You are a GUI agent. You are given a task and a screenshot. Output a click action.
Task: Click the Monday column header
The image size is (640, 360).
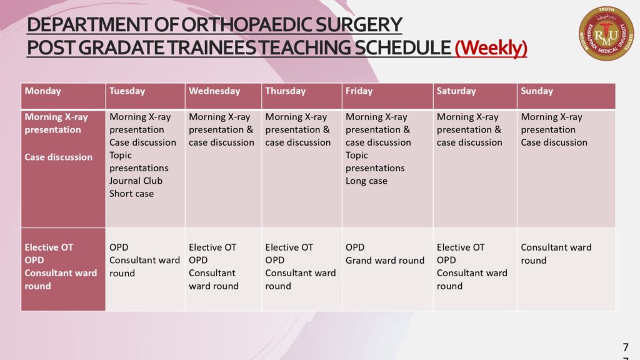pyautogui.click(x=43, y=91)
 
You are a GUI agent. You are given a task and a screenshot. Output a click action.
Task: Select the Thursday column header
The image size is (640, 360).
pyautogui.click(x=285, y=91)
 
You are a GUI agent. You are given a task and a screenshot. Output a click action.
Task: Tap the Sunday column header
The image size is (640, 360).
pyautogui.click(x=537, y=91)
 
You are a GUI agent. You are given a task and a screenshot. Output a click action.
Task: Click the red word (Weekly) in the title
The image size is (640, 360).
pyautogui.click(x=491, y=47)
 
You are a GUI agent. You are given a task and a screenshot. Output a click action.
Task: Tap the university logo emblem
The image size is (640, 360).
pyautogui.click(x=606, y=34)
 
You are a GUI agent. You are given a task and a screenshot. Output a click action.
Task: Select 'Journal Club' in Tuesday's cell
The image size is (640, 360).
pyautogui.click(x=136, y=181)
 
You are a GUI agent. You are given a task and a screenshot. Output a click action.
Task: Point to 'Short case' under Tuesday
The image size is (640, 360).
pyautogui.click(x=131, y=194)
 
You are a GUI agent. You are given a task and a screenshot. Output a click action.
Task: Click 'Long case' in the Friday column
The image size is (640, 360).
pyautogui.click(x=366, y=181)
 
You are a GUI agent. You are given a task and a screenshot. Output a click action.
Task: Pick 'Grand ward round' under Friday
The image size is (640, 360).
pyautogui.click(x=385, y=261)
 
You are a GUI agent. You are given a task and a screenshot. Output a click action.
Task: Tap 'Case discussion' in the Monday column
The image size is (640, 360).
pyautogui.click(x=58, y=157)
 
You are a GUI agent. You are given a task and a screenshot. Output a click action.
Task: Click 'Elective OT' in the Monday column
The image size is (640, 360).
pyautogui.click(x=49, y=247)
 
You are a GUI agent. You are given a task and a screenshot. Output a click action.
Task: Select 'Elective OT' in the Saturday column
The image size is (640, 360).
pyautogui.click(x=461, y=247)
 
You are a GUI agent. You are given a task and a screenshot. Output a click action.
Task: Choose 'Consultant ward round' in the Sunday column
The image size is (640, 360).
pyautogui.click(x=556, y=254)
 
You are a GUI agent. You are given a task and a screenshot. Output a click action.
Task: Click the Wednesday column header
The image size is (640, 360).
pyautogui.click(x=214, y=91)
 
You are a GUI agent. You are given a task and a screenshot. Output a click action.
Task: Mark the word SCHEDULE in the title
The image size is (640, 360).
pyautogui.click(x=402, y=47)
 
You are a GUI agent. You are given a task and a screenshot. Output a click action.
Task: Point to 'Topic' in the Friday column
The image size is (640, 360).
pyautogui.click(x=357, y=155)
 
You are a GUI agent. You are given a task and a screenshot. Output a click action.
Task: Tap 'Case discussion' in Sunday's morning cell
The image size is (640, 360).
pyautogui.click(x=554, y=142)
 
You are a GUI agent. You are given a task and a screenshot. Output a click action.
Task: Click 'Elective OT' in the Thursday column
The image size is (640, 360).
pyautogui.click(x=289, y=247)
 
